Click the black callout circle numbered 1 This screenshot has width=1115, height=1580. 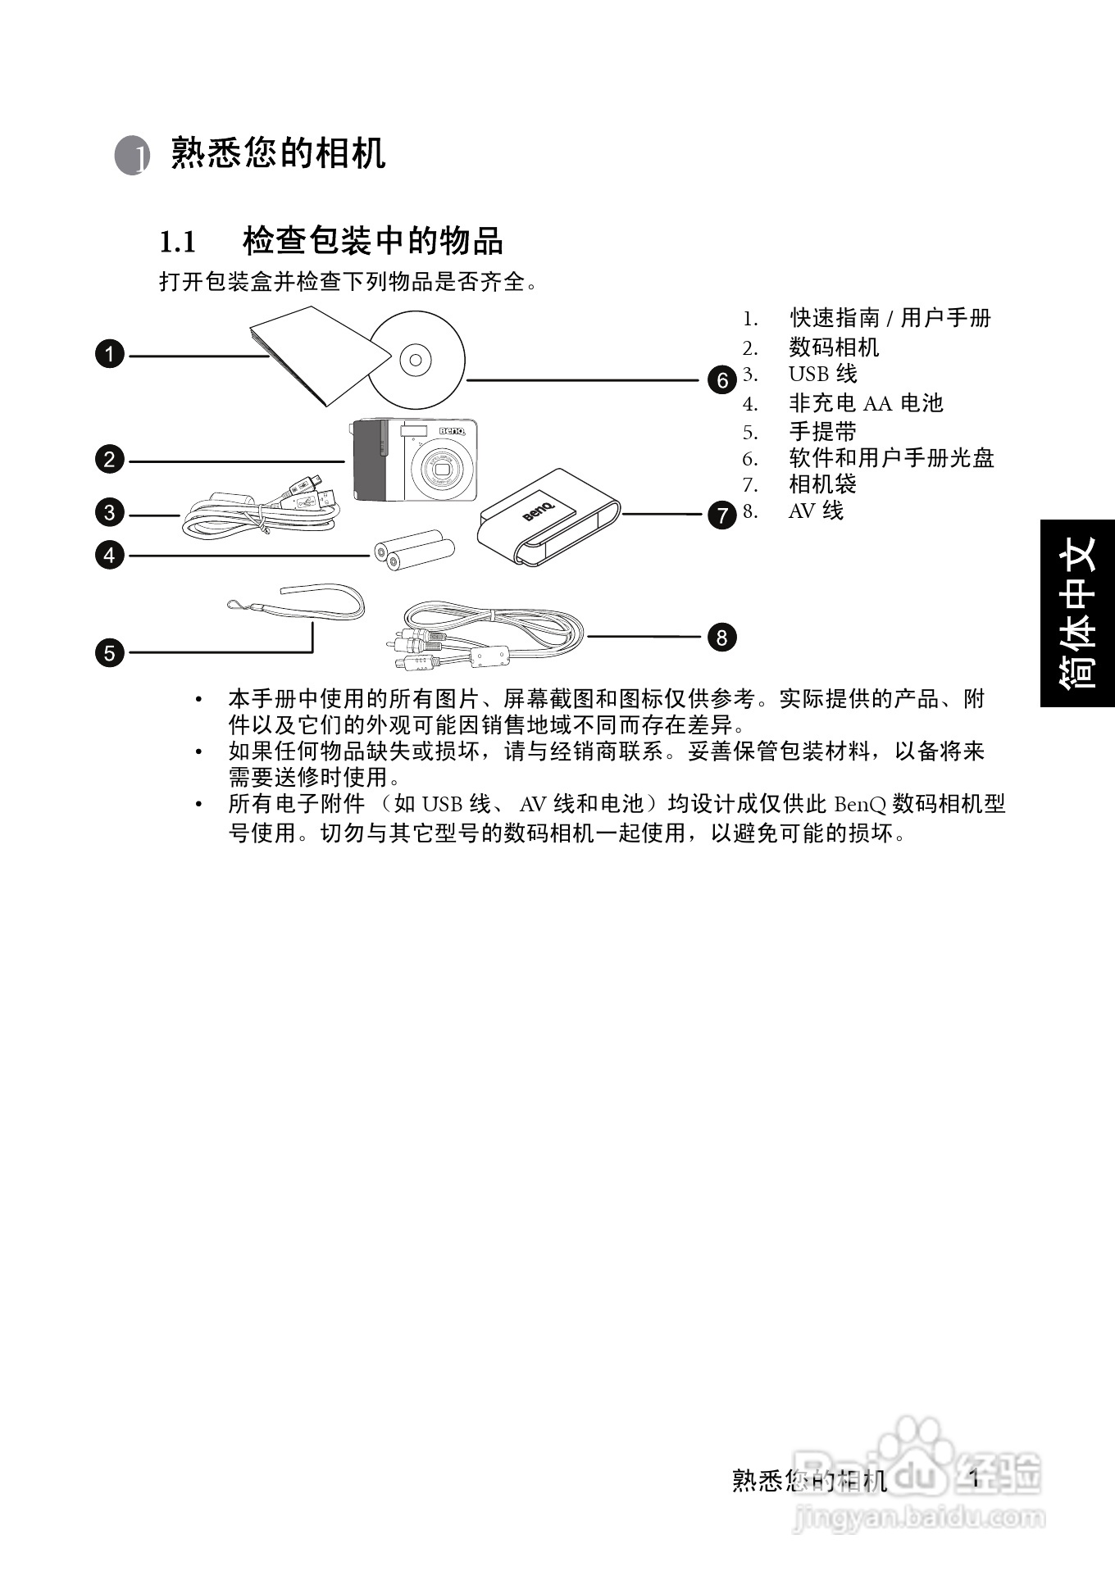(110, 355)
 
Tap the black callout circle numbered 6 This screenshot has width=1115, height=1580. (722, 380)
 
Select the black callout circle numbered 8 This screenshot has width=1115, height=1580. (721, 637)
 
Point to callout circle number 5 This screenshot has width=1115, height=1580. (110, 653)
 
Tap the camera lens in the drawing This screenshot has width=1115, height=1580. (443, 471)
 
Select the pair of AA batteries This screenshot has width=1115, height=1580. (415, 550)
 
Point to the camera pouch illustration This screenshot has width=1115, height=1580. (549, 516)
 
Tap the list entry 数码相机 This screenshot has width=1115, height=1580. (833, 347)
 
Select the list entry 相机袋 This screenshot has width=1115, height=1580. (822, 484)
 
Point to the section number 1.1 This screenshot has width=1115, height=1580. (177, 243)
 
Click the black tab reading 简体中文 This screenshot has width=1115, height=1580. (1077, 612)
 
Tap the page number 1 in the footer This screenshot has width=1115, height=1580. (975, 1478)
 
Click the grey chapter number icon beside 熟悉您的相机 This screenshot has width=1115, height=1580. (132, 155)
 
